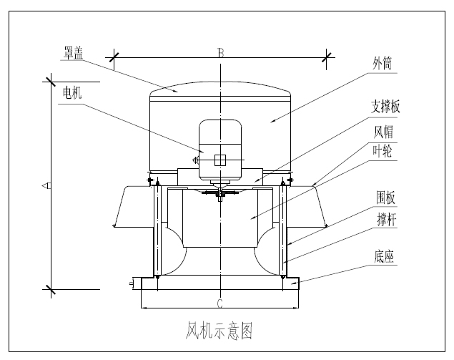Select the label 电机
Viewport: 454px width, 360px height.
coord(72,93)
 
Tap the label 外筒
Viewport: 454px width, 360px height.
coord(382,66)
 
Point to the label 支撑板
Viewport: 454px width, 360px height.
coord(385,107)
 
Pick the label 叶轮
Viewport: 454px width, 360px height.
coord(384,151)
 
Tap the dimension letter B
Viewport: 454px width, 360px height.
coord(221,52)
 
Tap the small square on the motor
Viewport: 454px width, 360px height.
coord(220,160)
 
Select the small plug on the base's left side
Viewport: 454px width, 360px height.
coord(132,284)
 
